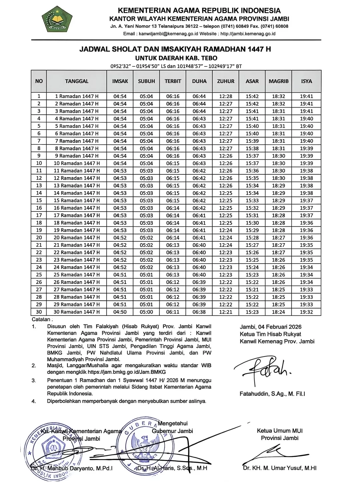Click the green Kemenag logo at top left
pyautogui.click(x=57, y=19)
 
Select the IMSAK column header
pyautogui.click(x=120, y=81)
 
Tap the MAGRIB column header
pyautogui.click(x=278, y=81)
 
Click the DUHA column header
pyautogui.click(x=199, y=81)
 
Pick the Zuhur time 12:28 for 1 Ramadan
pyautogui.click(x=226, y=96)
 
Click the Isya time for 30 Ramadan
pyautogui.click(x=306, y=312)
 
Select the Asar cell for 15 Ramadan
pyautogui.click(x=252, y=200)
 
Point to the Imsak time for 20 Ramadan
pyautogui.click(x=120, y=237)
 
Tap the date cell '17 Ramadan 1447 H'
pyautogui.click(x=77, y=215)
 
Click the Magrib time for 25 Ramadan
pyautogui.click(x=278, y=275)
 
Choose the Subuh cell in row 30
pyautogui.click(x=146, y=312)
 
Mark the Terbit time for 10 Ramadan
pyautogui.click(x=173, y=163)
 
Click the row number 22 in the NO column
pyautogui.click(x=39, y=253)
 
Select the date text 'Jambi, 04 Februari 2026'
pyautogui.click(x=270, y=327)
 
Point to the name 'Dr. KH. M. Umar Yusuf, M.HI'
pyautogui.click(x=280, y=468)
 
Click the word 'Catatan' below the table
pyautogui.click(x=41, y=319)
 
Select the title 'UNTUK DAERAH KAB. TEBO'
pyautogui.click(x=176, y=58)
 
